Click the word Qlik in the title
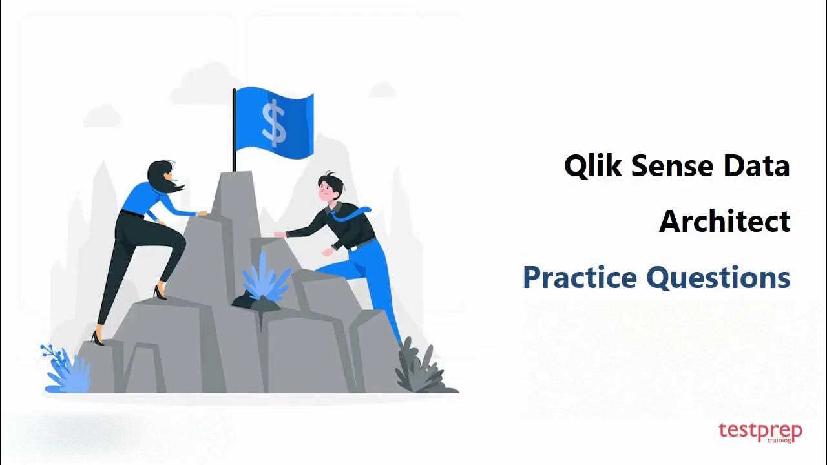(x=594, y=166)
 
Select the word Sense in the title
(x=673, y=166)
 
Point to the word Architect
(x=724, y=222)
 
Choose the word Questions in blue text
(x=718, y=278)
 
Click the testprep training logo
(x=760, y=432)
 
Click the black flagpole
(x=234, y=129)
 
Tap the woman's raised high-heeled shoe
(x=159, y=292)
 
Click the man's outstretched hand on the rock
(x=280, y=234)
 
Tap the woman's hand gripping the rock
(x=202, y=212)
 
